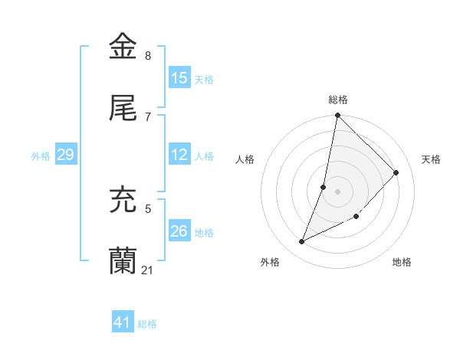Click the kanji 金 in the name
click(x=124, y=47)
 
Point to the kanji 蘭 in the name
click(x=124, y=260)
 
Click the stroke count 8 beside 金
click(x=148, y=56)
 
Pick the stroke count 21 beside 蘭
click(x=148, y=270)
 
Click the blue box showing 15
click(x=179, y=78)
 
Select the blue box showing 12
click(x=179, y=155)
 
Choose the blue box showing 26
click(x=179, y=231)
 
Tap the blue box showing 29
click(x=65, y=155)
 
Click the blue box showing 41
click(x=122, y=323)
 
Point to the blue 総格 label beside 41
click(x=147, y=324)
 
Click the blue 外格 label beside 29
click(x=41, y=156)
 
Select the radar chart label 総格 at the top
click(x=338, y=100)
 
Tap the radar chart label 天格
click(x=432, y=159)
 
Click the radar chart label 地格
click(x=402, y=263)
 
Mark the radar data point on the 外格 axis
click(x=302, y=242)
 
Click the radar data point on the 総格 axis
click(x=337, y=116)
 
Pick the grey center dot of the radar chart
click(x=337, y=191)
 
